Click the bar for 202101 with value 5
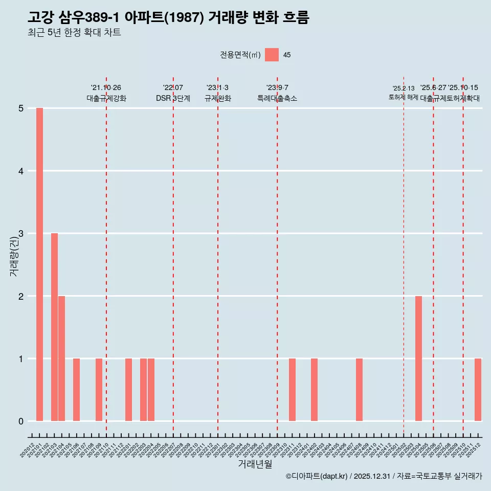(39, 264)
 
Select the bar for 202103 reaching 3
(54, 327)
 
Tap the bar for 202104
(62, 359)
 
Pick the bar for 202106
(76, 390)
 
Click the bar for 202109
(99, 390)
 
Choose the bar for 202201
(128, 390)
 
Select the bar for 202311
(292, 390)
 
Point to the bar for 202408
(359, 390)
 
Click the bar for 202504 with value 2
(418, 359)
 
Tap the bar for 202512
(478, 390)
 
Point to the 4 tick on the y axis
(21, 171)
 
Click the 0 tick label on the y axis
(21, 421)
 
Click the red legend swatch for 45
(272, 55)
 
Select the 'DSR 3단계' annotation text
(173, 98)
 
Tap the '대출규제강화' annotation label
(106, 98)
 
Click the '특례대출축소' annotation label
(277, 98)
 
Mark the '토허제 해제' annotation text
(403, 97)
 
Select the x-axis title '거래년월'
(255, 464)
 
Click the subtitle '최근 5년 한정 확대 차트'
(74, 33)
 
